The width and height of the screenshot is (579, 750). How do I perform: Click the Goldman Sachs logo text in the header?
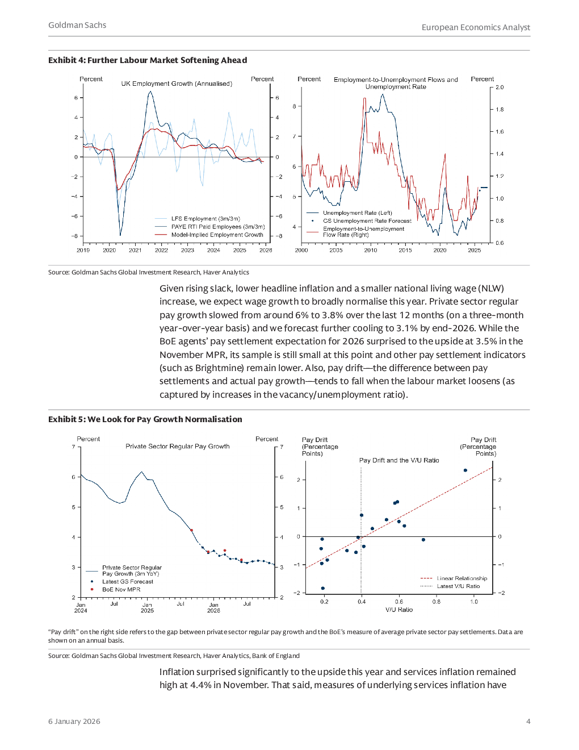coord(77,25)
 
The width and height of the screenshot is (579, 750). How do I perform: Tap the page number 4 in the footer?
coord(528,721)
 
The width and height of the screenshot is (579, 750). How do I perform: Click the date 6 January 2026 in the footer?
coord(74,721)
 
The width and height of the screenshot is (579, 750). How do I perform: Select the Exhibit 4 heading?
coord(148,60)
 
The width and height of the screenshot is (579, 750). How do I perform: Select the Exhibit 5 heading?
coord(145,419)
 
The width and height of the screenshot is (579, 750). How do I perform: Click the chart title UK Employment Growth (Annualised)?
coord(177,84)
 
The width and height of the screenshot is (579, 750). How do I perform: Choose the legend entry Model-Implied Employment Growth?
coord(217,235)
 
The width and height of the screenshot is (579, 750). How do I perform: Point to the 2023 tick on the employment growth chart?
coord(187,250)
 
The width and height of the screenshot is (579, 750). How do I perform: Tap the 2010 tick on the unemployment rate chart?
coord(371,250)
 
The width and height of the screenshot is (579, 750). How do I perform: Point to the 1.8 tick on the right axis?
coord(500,110)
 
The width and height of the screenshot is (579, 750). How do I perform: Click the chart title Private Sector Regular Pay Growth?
coord(178,447)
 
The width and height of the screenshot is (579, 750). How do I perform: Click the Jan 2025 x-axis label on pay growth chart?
coord(147,607)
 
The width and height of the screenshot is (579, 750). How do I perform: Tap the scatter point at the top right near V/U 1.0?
coord(465,470)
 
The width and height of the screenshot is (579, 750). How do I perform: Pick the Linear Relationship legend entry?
coord(461,578)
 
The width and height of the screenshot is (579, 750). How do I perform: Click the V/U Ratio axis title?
coord(399,610)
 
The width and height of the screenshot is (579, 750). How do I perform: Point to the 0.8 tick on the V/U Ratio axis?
coord(436,601)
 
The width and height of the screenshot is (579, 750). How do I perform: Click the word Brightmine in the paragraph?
coord(219,368)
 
